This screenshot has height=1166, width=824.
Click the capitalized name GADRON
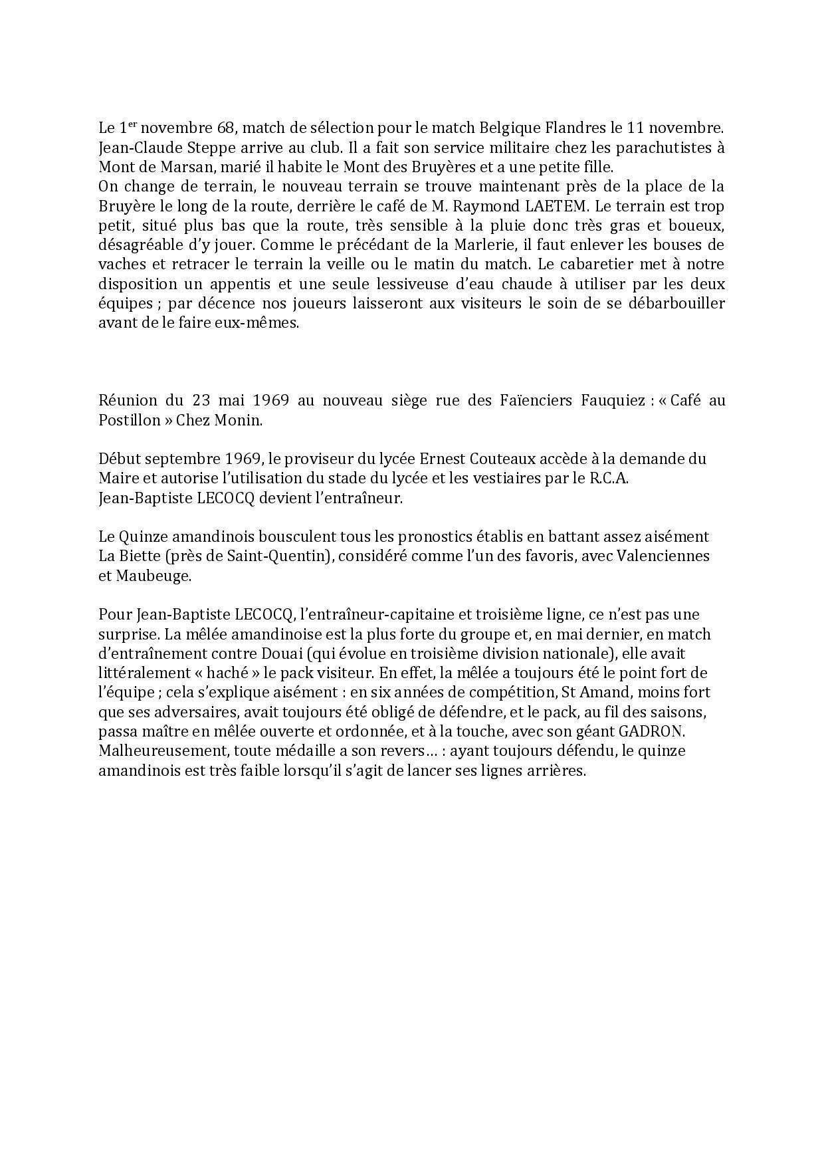[x=651, y=731]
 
